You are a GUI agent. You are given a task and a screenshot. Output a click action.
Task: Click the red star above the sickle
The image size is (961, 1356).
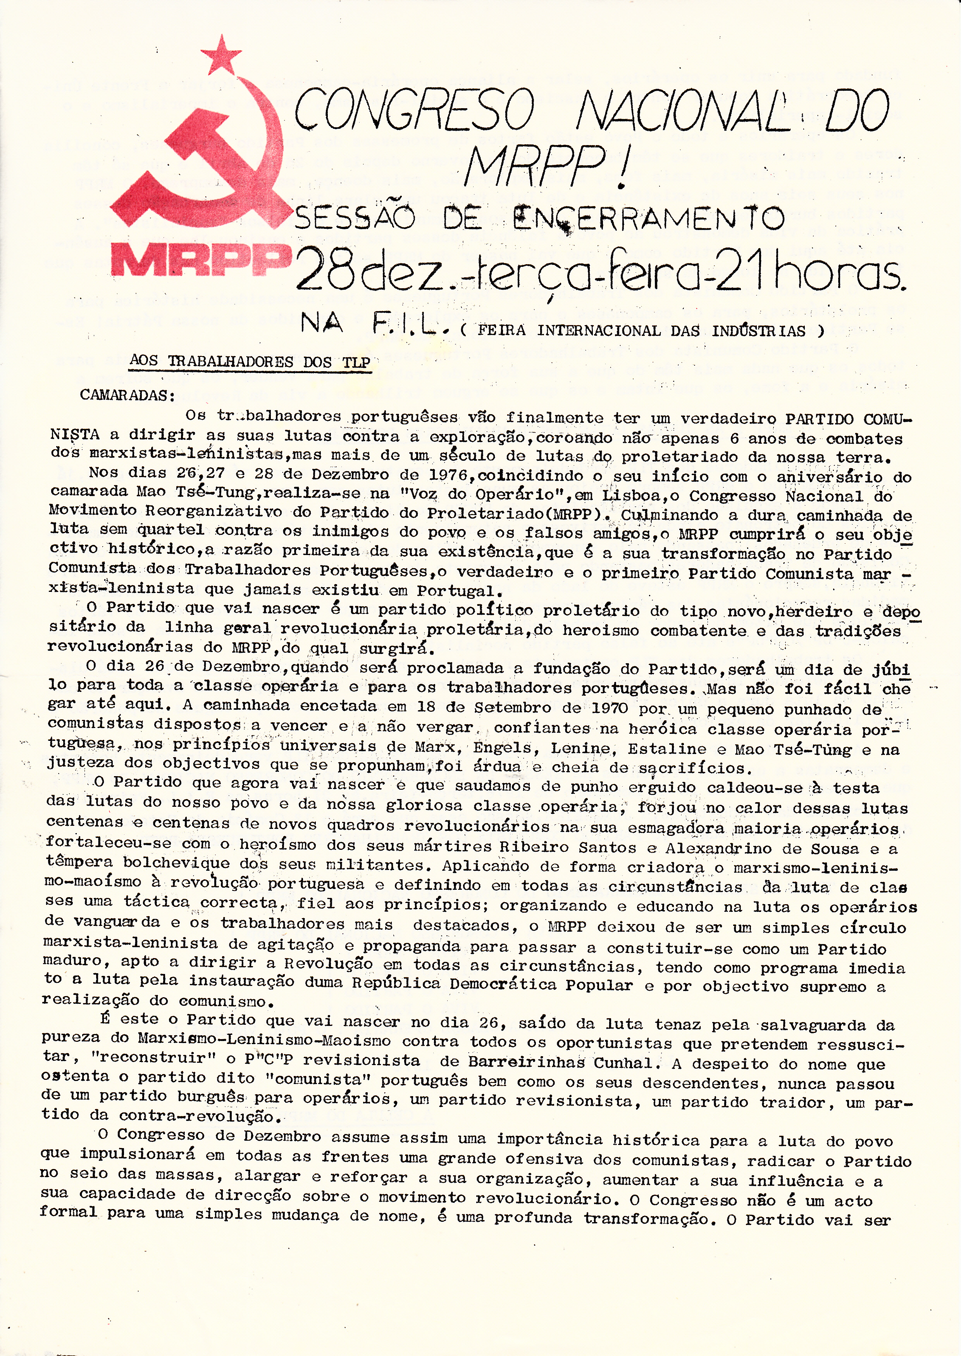(x=221, y=54)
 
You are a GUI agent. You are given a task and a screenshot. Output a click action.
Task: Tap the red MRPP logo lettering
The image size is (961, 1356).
(x=201, y=261)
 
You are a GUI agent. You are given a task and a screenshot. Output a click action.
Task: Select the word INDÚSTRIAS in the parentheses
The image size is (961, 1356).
(x=759, y=331)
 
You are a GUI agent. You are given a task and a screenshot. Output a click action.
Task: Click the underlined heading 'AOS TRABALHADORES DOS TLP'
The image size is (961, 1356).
(x=250, y=362)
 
